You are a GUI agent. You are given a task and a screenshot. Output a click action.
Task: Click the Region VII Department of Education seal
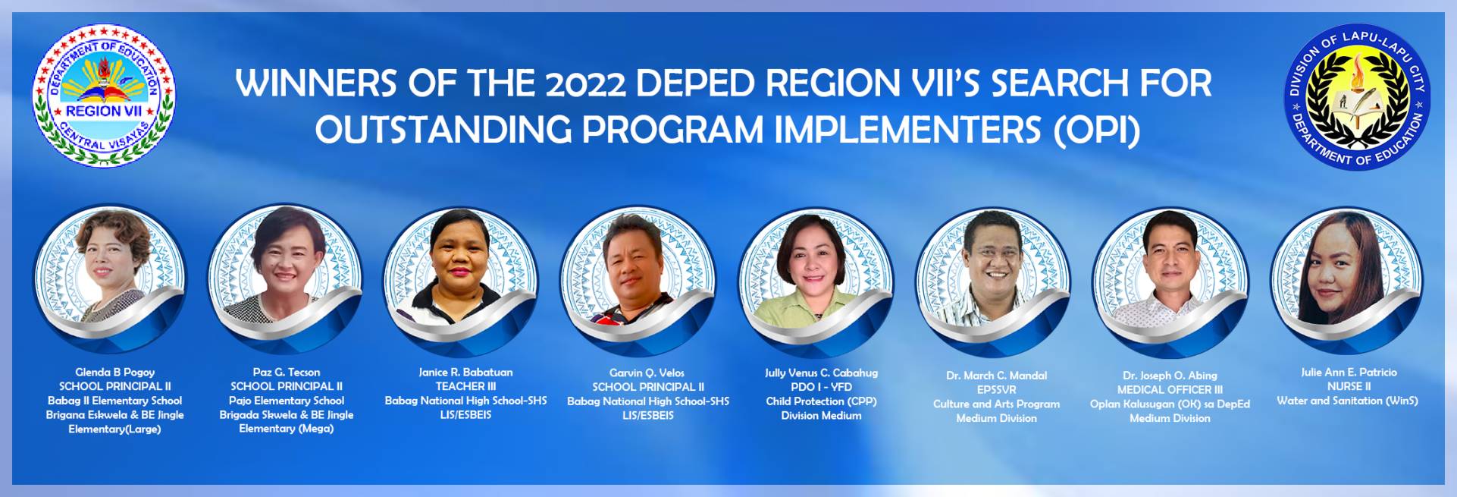(x=104, y=96)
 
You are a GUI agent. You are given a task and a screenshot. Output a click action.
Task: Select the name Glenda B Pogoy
(x=114, y=372)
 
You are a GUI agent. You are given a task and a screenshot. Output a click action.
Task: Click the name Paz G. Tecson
(x=287, y=372)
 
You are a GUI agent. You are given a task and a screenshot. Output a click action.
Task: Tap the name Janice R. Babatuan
(x=465, y=372)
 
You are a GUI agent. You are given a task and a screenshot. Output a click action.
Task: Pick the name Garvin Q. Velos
(x=647, y=373)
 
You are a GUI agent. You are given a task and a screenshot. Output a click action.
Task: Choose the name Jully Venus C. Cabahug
(x=821, y=373)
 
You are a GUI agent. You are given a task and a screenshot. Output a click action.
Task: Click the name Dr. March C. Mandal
(x=996, y=376)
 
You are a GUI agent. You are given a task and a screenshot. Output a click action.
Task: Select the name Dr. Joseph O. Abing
(x=1170, y=376)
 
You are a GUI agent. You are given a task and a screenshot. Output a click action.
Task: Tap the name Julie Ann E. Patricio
(x=1349, y=372)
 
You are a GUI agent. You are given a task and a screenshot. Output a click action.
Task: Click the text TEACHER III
(x=465, y=386)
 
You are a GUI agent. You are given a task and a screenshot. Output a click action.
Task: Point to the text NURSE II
(x=1349, y=386)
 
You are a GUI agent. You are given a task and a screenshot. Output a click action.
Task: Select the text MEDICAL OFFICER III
(x=1170, y=390)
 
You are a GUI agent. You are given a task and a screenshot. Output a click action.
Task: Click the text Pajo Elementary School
(x=287, y=401)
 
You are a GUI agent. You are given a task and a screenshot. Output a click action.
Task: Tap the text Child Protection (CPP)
(x=821, y=401)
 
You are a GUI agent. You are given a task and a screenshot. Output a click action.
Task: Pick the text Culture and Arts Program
(x=996, y=404)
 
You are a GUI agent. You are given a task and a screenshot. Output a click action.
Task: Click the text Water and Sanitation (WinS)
(x=1347, y=401)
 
